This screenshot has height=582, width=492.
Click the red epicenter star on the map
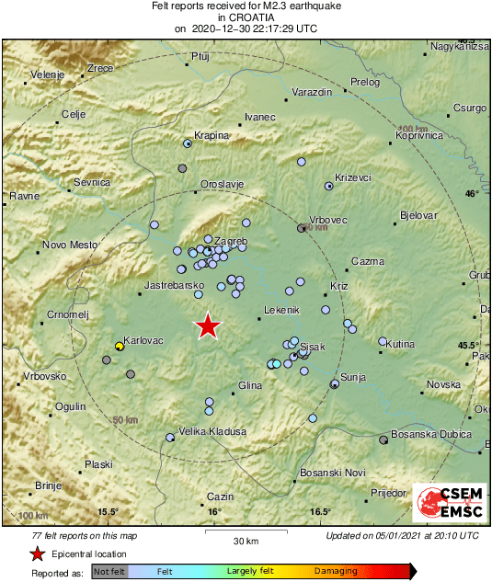click(209, 325)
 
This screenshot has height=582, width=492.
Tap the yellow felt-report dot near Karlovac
click(119, 347)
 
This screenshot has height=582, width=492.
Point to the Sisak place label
click(314, 348)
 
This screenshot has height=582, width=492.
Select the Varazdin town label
click(310, 93)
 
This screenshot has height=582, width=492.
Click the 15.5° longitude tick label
click(109, 512)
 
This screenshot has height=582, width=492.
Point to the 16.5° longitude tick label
click(320, 512)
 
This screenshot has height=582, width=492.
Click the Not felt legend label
click(109, 571)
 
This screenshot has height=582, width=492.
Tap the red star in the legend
click(37, 554)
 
